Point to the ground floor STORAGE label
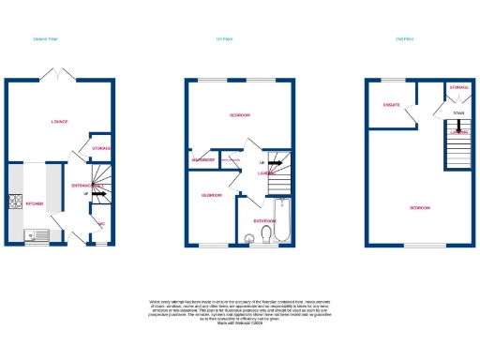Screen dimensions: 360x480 click(102, 148)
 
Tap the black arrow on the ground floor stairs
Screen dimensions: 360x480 click(101, 194)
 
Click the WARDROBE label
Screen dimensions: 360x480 click(204, 160)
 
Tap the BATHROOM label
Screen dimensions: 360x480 click(263, 221)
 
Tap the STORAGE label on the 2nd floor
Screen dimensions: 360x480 click(458, 87)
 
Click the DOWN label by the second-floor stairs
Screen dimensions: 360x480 click(457, 114)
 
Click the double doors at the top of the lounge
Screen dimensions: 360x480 click(61, 74)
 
